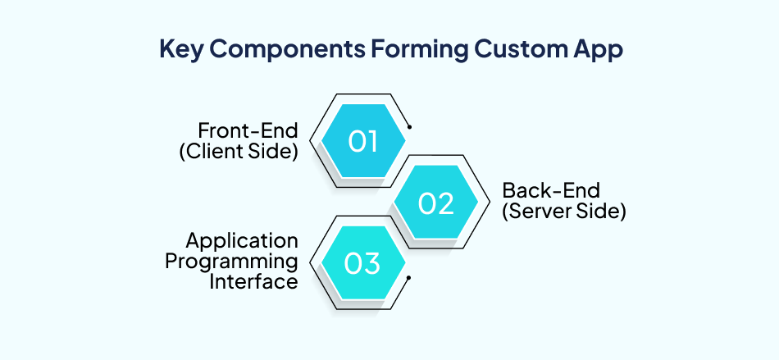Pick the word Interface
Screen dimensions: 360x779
(x=253, y=281)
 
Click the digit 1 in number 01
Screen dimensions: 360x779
(x=373, y=142)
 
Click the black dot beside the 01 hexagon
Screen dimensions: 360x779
(x=409, y=127)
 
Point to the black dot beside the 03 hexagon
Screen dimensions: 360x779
(x=409, y=278)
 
